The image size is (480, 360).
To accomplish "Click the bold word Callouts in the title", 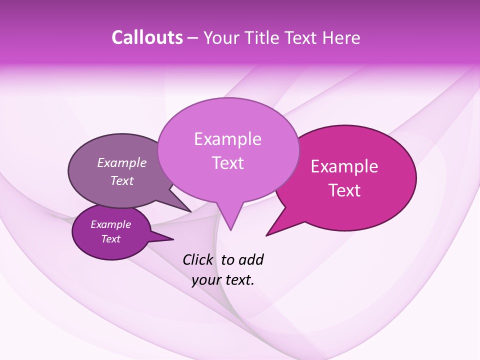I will click(x=147, y=37).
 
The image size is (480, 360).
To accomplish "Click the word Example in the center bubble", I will click(x=227, y=139).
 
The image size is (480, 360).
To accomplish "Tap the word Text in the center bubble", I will click(x=227, y=163).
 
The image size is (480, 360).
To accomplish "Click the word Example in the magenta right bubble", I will click(x=344, y=166).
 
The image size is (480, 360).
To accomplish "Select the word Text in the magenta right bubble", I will click(x=344, y=190).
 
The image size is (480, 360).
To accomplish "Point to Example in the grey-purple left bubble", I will click(x=122, y=162).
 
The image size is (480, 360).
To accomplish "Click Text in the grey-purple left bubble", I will click(x=122, y=181).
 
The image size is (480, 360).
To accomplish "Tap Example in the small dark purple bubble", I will click(x=110, y=224).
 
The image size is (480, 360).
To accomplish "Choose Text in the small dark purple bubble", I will click(x=110, y=239).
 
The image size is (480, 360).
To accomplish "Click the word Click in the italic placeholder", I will click(x=198, y=259).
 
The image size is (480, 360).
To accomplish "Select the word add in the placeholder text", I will click(x=250, y=259).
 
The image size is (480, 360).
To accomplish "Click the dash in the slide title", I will click(x=193, y=38).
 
